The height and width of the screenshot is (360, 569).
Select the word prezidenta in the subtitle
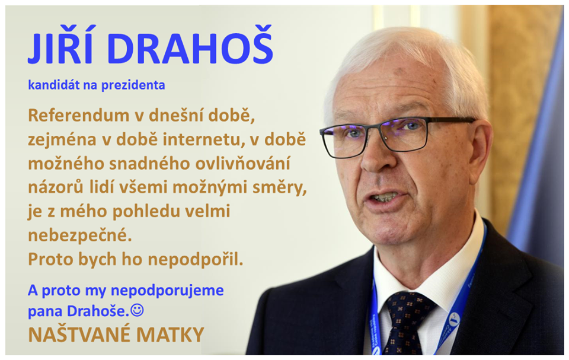[133, 85]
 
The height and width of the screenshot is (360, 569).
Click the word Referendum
[79, 116]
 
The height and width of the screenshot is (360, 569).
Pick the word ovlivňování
[243, 164]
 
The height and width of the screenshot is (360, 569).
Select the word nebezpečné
[80, 235]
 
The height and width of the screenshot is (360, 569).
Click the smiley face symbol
[137, 310]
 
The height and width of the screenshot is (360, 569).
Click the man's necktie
[405, 323]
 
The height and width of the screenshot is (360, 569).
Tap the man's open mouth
[384, 198]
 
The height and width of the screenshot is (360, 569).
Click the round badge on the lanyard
[453, 320]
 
